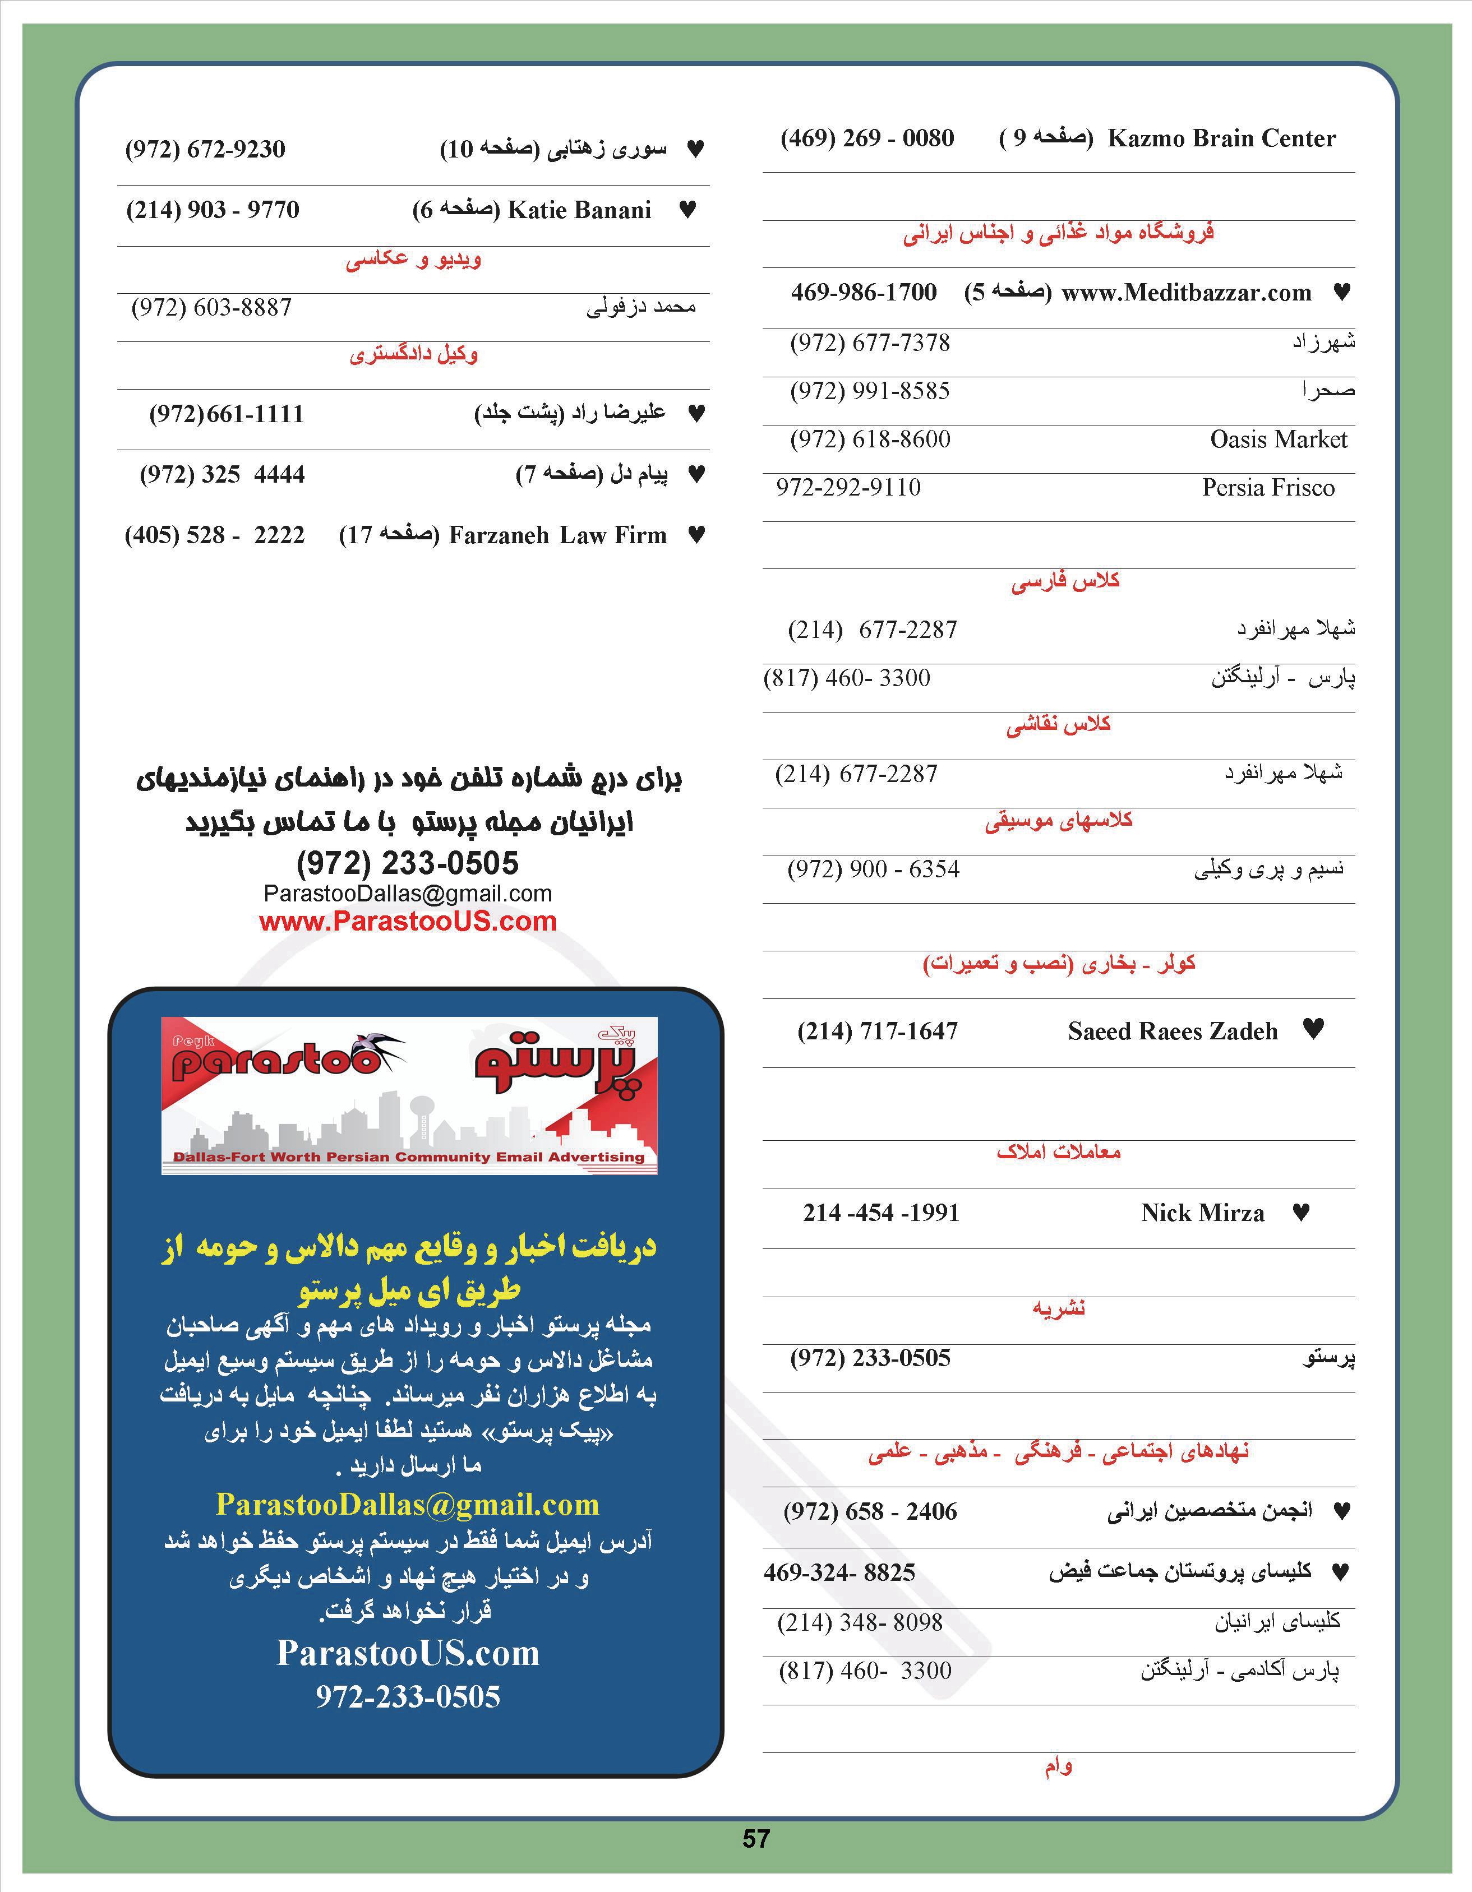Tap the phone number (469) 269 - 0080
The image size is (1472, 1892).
click(x=867, y=138)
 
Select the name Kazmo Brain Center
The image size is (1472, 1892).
click(x=1221, y=138)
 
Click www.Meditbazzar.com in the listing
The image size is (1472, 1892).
click(x=1186, y=293)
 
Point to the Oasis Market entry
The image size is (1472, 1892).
click(x=1278, y=439)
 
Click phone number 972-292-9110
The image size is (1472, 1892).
click(x=848, y=488)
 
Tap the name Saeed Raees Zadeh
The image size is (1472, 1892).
click(x=1172, y=1031)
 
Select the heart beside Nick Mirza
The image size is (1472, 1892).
click(x=1300, y=1213)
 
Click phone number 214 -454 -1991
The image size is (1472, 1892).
click(x=880, y=1213)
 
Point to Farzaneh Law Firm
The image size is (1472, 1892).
click(x=557, y=535)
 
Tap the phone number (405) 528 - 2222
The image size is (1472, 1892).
click(x=215, y=535)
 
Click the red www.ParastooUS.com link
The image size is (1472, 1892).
click(x=407, y=921)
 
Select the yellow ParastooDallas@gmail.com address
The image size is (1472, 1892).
click(x=407, y=1505)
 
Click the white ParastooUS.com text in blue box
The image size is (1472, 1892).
click(x=407, y=1653)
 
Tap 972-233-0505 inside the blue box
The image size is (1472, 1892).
click(x=407, y=1696)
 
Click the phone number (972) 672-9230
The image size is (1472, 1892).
click(x=205, y=149)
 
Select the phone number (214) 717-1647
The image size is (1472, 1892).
click(x=877, y=1031)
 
